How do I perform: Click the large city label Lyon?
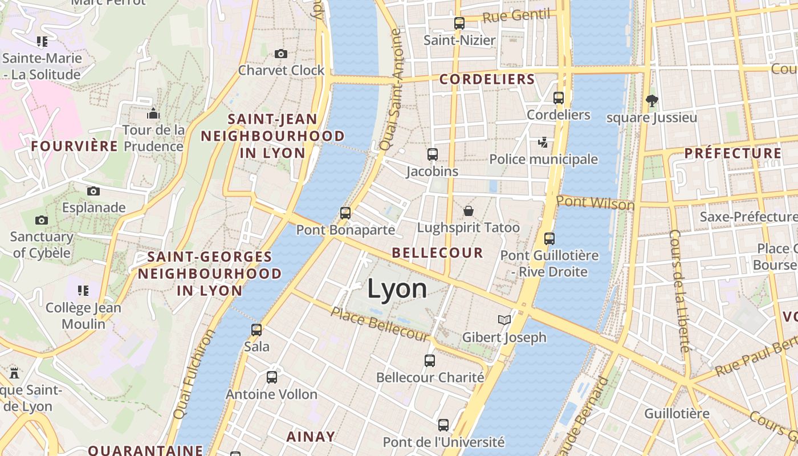397,289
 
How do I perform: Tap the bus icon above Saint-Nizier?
459,23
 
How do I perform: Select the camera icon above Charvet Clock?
281,54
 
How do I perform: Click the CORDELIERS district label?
487,79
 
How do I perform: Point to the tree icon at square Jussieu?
652,101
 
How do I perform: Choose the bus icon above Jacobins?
433,154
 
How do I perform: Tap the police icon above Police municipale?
543,142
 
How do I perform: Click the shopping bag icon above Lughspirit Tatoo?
469,211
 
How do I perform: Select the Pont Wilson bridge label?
595,202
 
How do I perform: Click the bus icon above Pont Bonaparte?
345,213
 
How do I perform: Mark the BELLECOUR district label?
438,253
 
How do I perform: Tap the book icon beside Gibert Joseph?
504,320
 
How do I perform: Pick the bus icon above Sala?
256,329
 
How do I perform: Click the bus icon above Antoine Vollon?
272,377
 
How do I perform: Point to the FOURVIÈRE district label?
75,146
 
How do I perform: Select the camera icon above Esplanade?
93,191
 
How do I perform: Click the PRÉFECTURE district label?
733,153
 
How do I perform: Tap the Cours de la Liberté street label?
680,291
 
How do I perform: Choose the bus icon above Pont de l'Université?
443,425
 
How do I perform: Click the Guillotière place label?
677,413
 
